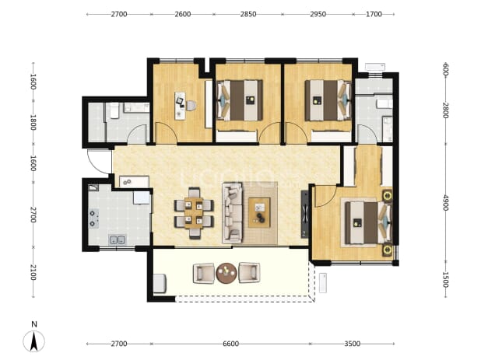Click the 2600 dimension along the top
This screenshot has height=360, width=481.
(x=183, y=14)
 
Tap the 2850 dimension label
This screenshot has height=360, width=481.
(x=248, y=14)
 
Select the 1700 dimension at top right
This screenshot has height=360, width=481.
(x=374, y=14)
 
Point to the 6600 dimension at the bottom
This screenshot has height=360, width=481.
(x=230, y=344)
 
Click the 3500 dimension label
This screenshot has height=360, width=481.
(x=352, y=344)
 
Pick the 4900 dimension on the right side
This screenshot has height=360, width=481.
(x=446, y=202)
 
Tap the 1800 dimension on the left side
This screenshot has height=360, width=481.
(x=33, y=122)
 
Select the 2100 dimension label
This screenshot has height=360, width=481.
(x=33, y=272)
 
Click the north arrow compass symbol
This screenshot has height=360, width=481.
(x=33, y=341)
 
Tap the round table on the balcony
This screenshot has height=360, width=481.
(x=226, y=273)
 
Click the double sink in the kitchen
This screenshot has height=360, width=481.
(x=118, y=239)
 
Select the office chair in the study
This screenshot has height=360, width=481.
(x=191, y=106)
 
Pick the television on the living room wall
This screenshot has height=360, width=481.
(x=304, y=214)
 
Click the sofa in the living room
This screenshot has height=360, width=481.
(x=232, y=213)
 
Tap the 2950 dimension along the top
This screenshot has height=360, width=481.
(x=318, y=14)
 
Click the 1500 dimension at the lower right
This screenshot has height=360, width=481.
(x=446, y=280)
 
